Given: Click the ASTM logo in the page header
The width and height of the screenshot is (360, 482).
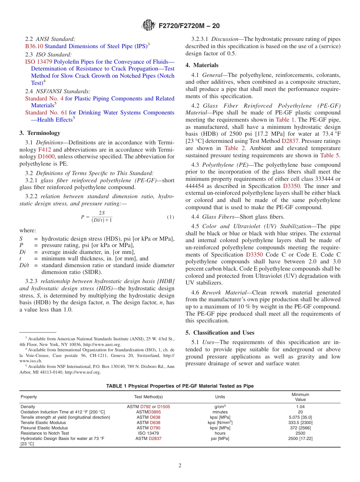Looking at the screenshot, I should click(x=148, y=26).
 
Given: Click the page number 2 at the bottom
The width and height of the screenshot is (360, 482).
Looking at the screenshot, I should click(x=180, y=465).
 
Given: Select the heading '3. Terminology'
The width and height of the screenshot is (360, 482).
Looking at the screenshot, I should click(x=40, y=133).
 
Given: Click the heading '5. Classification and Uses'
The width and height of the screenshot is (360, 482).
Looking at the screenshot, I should click(x=220, y=333).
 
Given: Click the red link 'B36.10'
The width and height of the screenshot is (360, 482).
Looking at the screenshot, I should click(x=34, y=46).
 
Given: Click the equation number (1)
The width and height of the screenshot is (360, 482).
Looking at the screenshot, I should click(x=170, y=217).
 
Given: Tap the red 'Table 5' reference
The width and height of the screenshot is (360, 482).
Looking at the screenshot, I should click(x=330, y=155).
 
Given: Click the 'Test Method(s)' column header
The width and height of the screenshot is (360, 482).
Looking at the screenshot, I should click(x=149, y=397).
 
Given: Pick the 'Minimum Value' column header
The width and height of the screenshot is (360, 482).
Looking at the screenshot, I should click(x=300, y=397).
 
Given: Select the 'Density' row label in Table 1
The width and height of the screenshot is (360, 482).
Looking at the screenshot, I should click(x=28, y=407).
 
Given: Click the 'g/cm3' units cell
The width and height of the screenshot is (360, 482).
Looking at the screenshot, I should click(x=220, y=407).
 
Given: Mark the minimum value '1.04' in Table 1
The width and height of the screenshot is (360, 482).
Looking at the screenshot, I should click(x=300, y=407).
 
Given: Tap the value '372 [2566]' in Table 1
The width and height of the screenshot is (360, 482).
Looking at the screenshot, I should click(x=300, y=428).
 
